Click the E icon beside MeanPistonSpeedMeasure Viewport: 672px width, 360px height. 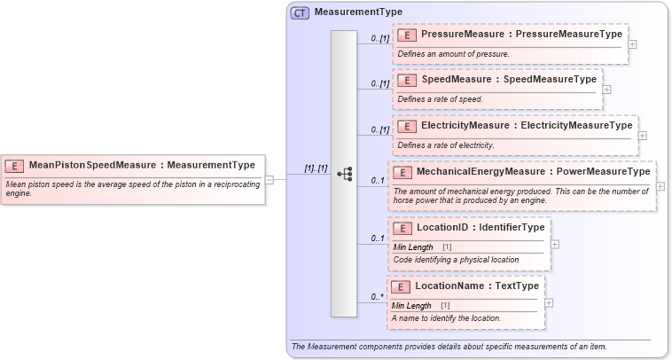coord(15,165)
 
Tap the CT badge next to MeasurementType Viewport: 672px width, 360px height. coord(300,12)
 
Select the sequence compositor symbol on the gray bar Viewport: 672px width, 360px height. coord(346,175)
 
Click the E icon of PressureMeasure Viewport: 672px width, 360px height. coord(408,35)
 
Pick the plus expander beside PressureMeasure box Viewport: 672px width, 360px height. coord(632,43)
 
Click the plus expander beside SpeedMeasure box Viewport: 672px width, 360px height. coord(606,89)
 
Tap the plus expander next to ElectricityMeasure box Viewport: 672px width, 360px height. coord(642,136)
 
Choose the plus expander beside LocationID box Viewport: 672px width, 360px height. coord(554,244)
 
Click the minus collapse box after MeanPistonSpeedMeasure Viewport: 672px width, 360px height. coord(270,180)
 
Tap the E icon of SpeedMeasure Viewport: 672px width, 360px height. coord(408,80)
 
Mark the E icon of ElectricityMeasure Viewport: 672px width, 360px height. coord(408,127)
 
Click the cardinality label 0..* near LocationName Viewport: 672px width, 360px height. coord(378,297)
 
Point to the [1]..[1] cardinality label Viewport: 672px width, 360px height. coord(316,168)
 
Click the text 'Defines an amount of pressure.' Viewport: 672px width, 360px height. coord(453,53)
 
